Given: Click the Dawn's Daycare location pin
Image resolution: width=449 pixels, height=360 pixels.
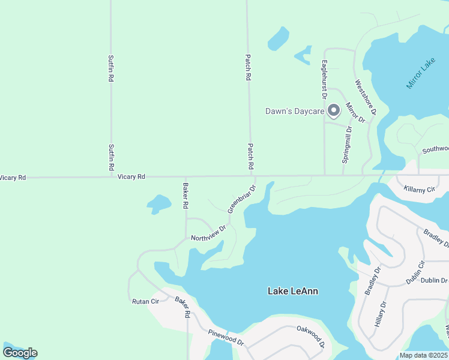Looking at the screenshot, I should coord(334,110).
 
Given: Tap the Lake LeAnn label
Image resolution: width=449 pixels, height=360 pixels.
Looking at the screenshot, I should coord(292,291).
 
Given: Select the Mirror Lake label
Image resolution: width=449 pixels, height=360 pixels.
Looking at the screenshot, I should coord(420,74).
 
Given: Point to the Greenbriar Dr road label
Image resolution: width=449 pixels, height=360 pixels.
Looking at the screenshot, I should coord(241,199).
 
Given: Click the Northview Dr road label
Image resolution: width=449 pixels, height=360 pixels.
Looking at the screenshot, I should coord(208,233).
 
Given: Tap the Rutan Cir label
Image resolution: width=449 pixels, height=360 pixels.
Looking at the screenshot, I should coord(145,301).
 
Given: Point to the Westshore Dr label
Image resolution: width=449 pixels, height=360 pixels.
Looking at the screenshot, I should coord(365,97).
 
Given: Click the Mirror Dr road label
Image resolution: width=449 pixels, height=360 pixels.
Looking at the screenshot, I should coord(356,112).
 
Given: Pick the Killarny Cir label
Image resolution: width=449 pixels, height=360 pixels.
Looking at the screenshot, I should coord(419,189).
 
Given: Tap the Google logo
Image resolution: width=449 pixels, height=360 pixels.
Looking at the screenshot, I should coord(20,352).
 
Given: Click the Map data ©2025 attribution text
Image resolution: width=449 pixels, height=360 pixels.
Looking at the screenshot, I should coord(424,355).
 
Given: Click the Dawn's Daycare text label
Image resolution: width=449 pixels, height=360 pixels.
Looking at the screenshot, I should coord(295,111).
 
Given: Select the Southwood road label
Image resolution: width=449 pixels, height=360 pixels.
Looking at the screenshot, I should coord(435,149).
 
